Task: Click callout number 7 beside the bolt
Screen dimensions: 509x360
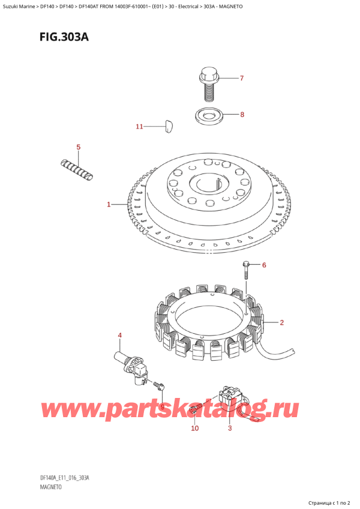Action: [242, 79]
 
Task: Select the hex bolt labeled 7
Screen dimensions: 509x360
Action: [208, 84]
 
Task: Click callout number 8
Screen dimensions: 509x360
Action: [242, 114]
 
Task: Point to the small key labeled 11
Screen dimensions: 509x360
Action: [167, 125]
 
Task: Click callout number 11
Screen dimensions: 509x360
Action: [139, 127]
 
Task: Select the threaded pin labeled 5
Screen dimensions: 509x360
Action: [78, 168]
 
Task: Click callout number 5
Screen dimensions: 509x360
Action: [77, 147]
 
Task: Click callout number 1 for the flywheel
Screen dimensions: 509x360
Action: [109, 205]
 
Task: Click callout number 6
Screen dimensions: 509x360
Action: [263, 265]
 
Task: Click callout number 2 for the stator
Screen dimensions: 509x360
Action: [281, 323]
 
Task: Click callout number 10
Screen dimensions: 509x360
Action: [194, 428]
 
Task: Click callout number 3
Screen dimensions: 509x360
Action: [229, 428]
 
